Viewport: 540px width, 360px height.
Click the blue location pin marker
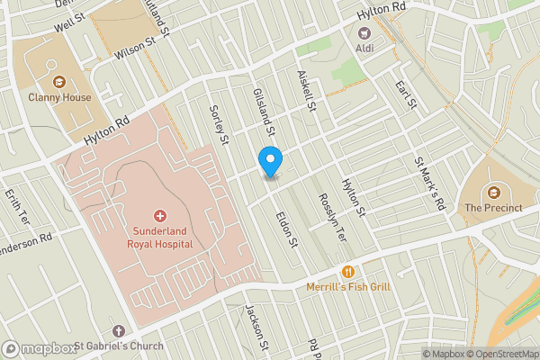[x=270, y=160]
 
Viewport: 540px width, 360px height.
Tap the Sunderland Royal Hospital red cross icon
[x=160, y=216]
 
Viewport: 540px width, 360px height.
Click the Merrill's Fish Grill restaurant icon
[x=346, y=271]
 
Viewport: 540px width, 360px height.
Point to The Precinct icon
[x=493, y=192]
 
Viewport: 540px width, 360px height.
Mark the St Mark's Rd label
[x=430, y=184]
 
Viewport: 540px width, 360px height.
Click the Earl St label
[x=406, y=96]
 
